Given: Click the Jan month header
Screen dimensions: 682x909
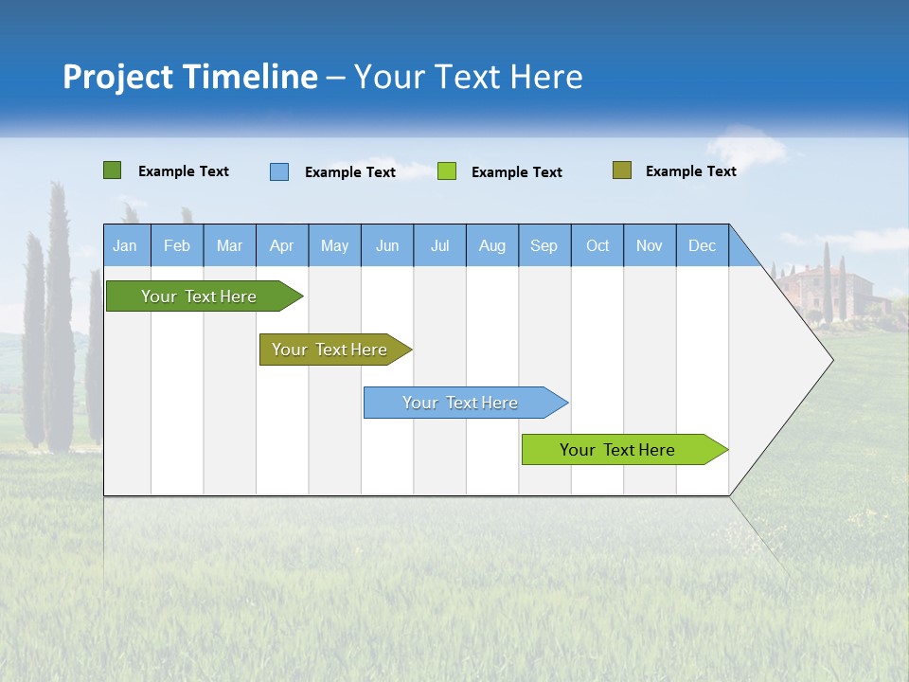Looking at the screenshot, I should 125,246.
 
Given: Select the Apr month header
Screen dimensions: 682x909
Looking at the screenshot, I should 281,246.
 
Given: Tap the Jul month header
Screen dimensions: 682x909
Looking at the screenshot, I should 439,246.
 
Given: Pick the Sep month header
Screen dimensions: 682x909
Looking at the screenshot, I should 544,246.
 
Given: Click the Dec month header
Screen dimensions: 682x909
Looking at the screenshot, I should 702,246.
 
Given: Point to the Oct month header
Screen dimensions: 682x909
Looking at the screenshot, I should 597,246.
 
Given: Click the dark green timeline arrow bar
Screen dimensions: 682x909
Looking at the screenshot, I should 199,296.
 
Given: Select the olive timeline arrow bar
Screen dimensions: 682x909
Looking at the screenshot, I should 330,350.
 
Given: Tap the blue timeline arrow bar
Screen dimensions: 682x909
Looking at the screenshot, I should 460,403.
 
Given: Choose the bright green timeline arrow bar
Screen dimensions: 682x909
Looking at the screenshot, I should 617,450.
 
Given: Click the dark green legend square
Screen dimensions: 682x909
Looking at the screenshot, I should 112,170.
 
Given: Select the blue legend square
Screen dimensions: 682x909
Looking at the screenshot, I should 279,171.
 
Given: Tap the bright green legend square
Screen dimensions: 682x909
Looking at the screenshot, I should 447,171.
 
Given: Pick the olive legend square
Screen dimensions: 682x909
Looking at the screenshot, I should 621,170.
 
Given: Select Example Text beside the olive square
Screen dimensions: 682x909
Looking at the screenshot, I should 690,171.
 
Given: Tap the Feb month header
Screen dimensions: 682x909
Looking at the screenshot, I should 177,246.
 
